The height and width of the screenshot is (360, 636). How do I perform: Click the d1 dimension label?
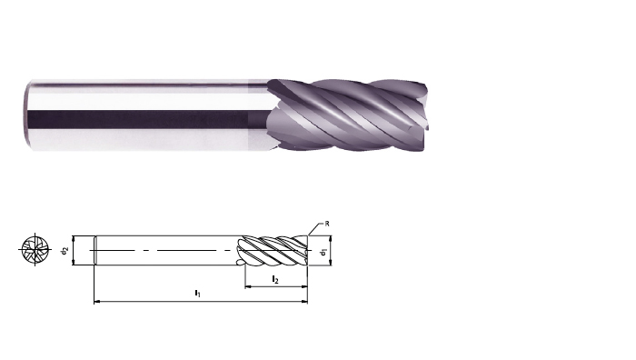click(323, 253)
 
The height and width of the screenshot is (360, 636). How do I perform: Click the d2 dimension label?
click(65, 251)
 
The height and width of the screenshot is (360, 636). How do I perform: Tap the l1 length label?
click(197, 293)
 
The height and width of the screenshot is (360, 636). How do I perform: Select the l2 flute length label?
click(275, 279)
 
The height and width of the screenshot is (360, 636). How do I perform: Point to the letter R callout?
click(327, 224)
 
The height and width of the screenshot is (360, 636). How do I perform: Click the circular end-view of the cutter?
click(35, 250)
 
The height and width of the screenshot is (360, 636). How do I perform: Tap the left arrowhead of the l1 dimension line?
click(97, 302)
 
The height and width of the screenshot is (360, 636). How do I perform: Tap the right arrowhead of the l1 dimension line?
click(304, 302)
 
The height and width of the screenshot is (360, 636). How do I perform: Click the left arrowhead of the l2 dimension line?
click(248, 286)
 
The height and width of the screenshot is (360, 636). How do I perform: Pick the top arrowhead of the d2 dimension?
click(74, 238)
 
